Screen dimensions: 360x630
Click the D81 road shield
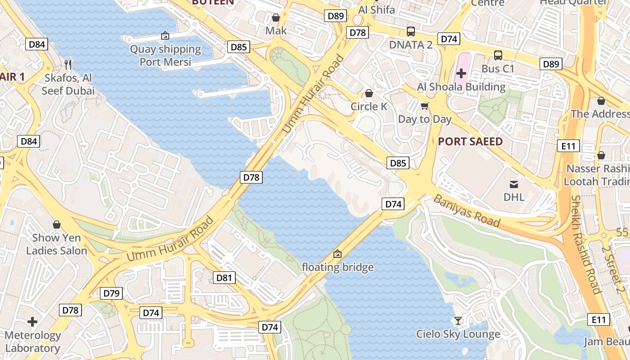click(x=224, y=278)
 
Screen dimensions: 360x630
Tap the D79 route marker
click(x=111, y=294)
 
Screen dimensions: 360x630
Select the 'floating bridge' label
click(x=337, y=267)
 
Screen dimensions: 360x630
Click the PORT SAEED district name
click(x=470, y=142)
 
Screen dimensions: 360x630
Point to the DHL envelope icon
click(x=513, y=184)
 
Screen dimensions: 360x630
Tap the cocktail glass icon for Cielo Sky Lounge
click(x=458, y=321)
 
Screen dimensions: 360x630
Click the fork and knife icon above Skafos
click(x=68, y=64)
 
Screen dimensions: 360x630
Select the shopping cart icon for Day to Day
click(x=424, y=106)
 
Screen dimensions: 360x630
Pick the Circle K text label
click(x=369, y=107)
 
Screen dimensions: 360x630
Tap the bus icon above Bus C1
click(x=498, y=55)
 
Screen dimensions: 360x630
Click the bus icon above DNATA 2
click(x=410, y=31)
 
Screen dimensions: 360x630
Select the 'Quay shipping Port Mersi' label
click(x=165, y=55)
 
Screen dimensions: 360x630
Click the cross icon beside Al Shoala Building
click(x=461, y=73)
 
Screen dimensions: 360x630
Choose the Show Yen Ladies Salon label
click(x=56, y=244)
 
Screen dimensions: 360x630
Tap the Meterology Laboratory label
click(x=32, y=342)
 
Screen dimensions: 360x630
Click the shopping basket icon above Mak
click(x=276, y=18)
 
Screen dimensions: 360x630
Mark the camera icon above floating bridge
click(x=337, y=254)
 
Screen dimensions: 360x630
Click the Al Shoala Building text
click(x=461, y=87)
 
